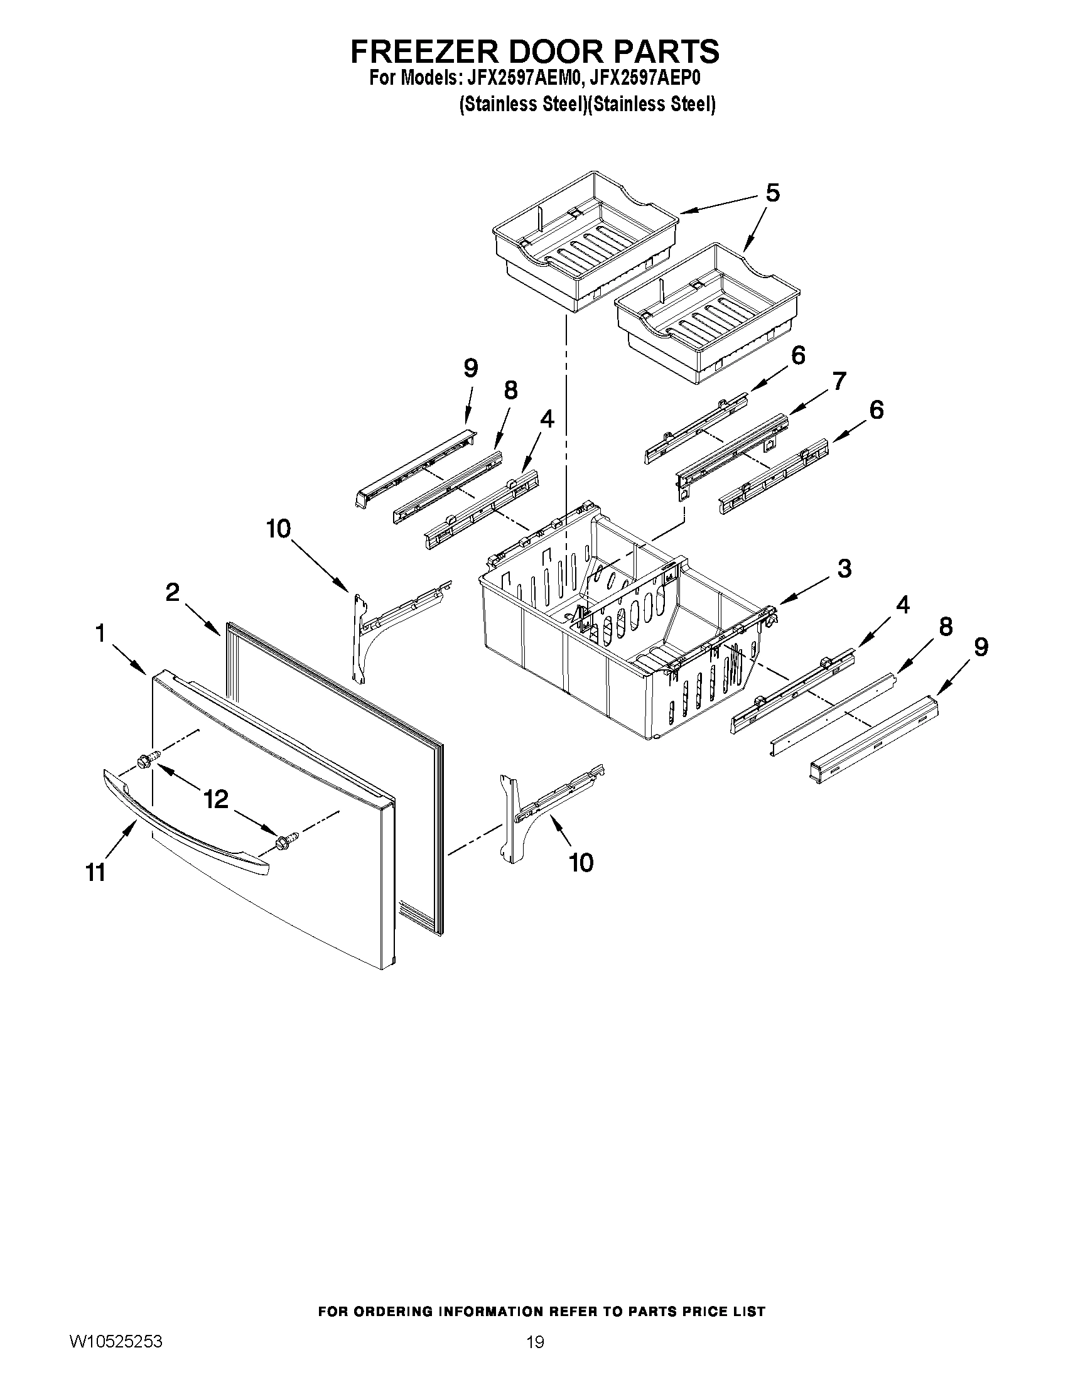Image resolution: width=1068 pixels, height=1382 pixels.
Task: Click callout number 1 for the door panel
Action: coord(100,634)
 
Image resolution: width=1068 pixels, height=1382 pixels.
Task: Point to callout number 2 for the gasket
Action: coord(172,593)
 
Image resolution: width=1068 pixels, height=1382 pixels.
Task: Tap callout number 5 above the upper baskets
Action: coord(772,192)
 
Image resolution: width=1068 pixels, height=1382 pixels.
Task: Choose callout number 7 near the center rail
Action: coord(838,382)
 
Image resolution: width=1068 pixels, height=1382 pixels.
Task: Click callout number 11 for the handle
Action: coord(95,873)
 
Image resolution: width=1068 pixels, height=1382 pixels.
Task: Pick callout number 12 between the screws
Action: coord(215,799)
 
